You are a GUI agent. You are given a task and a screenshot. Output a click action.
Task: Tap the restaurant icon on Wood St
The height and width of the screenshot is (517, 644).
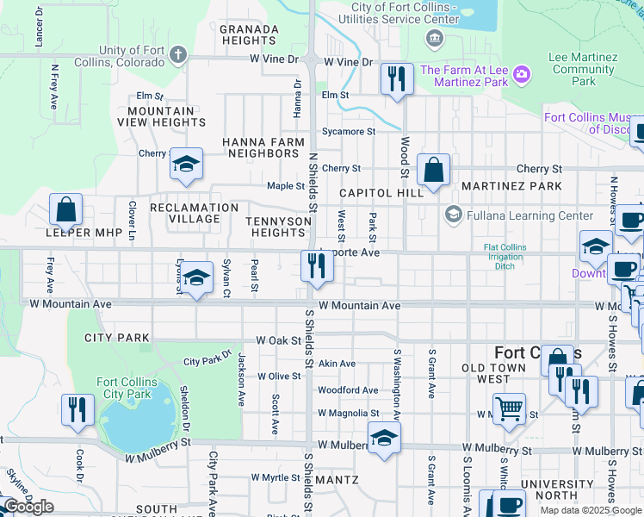[397, 79]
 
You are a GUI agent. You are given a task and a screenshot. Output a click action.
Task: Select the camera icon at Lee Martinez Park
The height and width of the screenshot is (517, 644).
[521, 76]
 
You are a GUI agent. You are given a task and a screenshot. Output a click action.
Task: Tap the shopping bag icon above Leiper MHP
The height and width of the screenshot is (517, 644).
[65, 209]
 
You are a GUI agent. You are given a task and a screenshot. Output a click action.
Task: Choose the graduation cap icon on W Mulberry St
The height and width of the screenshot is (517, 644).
[384, 437]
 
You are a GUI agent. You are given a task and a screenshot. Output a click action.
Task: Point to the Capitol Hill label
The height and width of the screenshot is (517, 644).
[381, 193]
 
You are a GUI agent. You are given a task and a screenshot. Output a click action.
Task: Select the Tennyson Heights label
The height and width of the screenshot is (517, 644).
[276, 227]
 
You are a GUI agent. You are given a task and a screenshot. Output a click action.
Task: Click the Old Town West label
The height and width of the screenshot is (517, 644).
[498, 373]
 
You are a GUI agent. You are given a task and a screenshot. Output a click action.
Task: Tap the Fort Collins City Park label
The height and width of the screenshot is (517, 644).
[127, 388]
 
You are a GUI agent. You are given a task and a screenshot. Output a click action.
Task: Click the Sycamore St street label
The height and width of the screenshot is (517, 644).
[348, 132]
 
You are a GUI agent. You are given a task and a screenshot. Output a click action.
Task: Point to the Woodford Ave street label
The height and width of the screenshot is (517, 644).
[348, 390]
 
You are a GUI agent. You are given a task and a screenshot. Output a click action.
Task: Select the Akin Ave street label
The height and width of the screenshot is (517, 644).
[337, 364]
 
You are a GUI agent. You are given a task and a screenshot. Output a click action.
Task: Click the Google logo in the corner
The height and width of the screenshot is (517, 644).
[28, 507]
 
